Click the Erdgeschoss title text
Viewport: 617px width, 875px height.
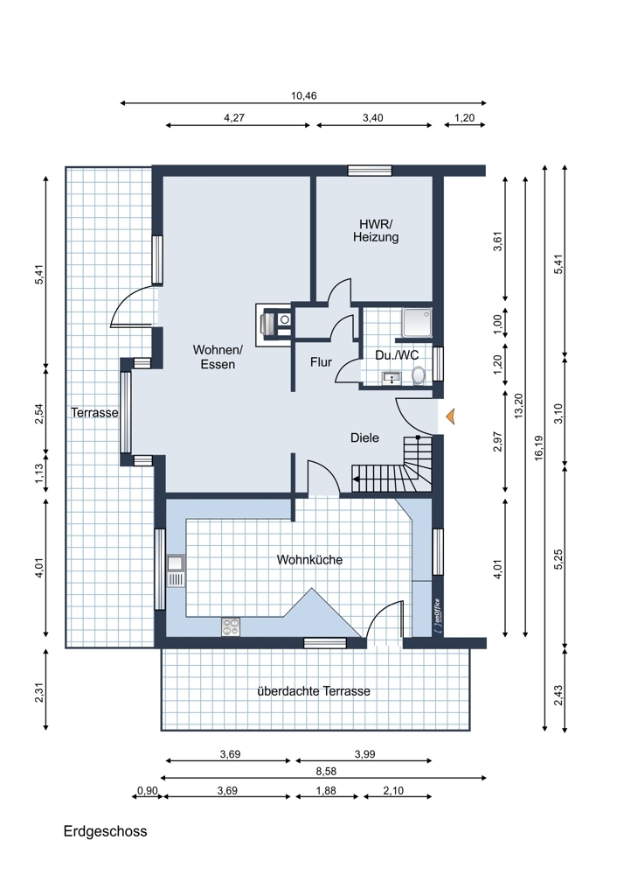click(x=106, y=831)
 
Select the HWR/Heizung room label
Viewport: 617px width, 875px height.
click(x=376, y=230)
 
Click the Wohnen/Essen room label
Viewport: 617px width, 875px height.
click(x=218, y=357)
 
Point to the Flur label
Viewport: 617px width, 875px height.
click(x=321, y=362)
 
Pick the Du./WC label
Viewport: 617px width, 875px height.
click(x=397, y=355)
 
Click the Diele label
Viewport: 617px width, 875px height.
click(x=364, y=438)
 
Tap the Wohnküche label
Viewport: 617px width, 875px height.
click(x=309, y=560)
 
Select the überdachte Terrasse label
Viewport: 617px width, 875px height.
click(x=314, y=691)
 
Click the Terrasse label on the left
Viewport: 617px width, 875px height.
click(x=94, y=412)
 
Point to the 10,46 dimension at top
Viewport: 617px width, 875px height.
click(x=304, y=96)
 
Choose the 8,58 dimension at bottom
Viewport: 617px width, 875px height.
click(x=326, y=772)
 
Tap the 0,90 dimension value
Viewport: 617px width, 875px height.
click(x=148, y=791)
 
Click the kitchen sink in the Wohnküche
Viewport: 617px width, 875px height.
click(x=176, y=570)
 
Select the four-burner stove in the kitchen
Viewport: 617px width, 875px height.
click(x=231, y=626)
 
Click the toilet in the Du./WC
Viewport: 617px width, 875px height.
click(x=419, y=375)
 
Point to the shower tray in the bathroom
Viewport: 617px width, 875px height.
click(x=417, y=323)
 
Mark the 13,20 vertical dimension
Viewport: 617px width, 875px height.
click(x=519, y=406)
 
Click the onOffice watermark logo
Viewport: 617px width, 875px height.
click(x=438, y=615)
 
